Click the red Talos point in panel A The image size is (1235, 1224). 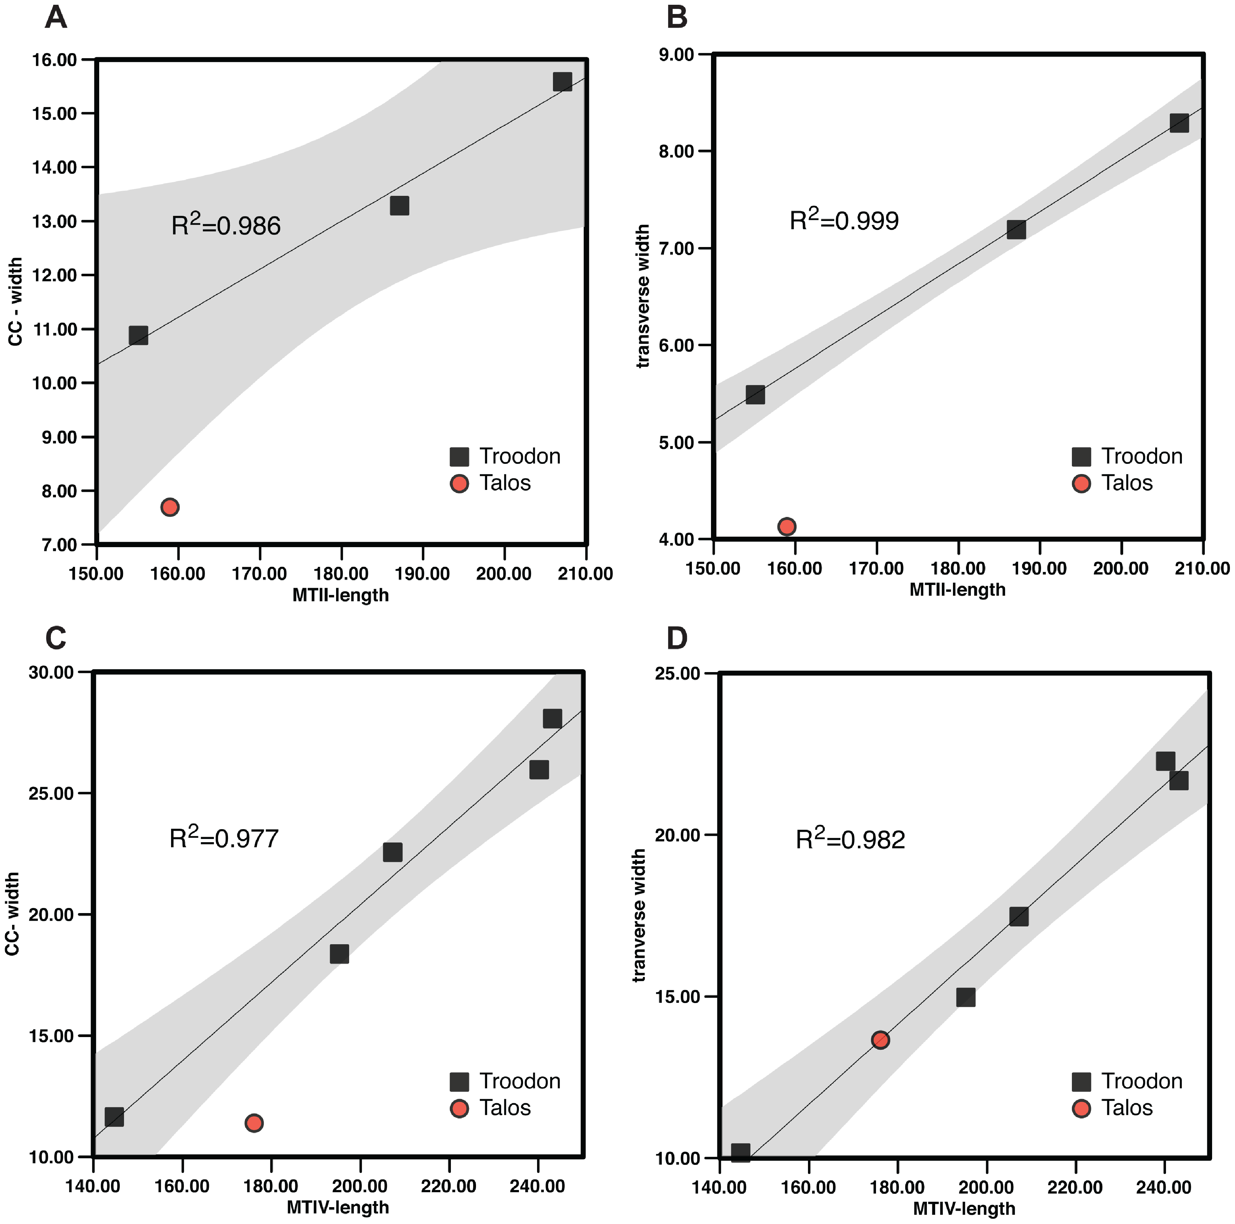(x=169, y=507)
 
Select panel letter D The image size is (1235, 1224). (x=677, y=637)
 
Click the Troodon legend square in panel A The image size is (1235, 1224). (x=459, y=456)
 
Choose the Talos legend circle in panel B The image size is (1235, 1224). (x=1081, y=483)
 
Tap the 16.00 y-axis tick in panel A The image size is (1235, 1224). (x=54, y=60)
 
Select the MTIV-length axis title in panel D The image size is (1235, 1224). (x=964, y=1209)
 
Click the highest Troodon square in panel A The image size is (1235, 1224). (x=562, y=82)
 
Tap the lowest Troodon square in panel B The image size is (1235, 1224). (x=755, y=394)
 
